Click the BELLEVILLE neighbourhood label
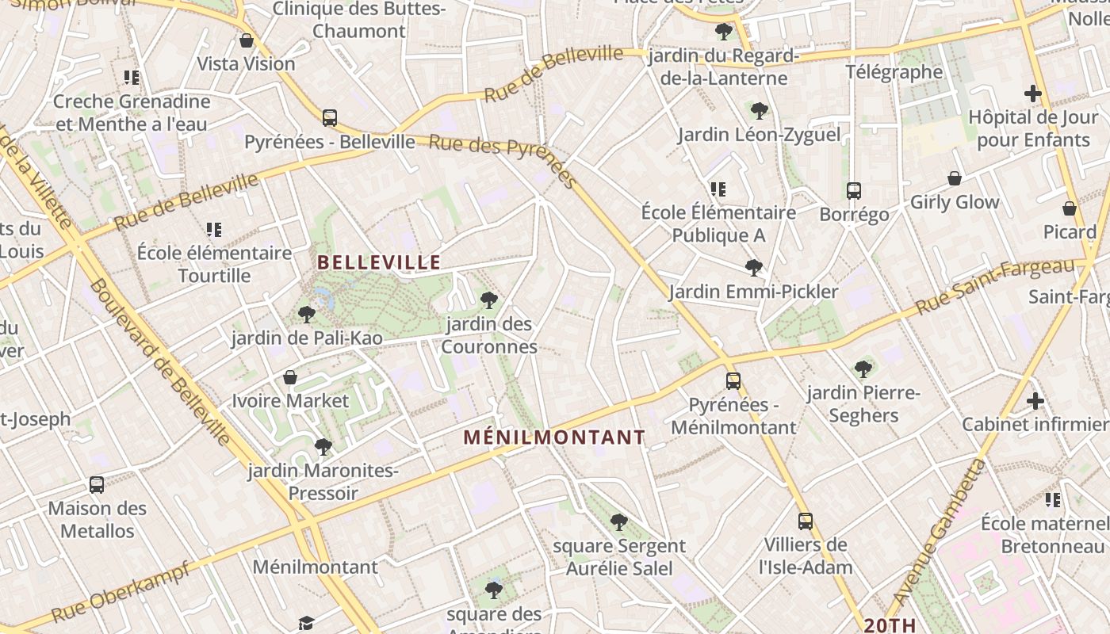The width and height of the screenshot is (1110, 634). tap(379, 262)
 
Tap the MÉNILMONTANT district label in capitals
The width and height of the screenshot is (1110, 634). tap(554, 437)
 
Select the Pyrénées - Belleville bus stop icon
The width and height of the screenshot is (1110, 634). tap(330, 118)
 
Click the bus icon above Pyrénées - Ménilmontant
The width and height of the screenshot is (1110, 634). tap(733, 380)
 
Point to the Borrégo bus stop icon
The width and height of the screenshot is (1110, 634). tap(854, 190)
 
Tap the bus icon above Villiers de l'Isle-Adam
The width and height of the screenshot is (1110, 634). tap(806, 521)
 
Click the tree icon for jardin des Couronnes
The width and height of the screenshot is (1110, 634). tap(489, 300)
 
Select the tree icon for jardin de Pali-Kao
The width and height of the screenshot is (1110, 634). tap(307, 315)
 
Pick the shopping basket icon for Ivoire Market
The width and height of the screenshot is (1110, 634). tap(290, 376)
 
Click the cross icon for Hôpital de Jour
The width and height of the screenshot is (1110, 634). tap(1032, 94)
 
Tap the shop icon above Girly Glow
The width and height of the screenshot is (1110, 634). tap(955, 178)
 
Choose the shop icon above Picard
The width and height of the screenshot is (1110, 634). tap(1070, 208)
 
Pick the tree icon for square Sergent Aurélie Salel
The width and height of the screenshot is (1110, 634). tap(619, 522)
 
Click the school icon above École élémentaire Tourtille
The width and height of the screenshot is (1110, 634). tap(214, 230)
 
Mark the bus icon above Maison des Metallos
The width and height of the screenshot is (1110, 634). tap(97, 484)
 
